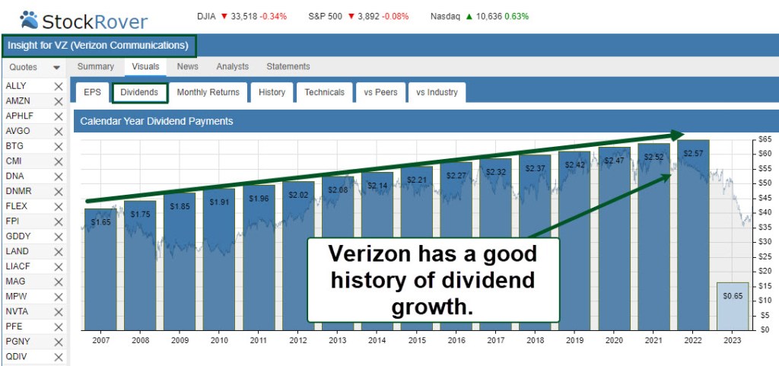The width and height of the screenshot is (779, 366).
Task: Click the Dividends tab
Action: coord(139,93)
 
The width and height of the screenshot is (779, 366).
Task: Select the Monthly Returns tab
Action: coord(208,93)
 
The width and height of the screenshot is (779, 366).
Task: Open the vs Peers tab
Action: coord(380,93)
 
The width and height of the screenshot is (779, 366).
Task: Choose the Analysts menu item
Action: coord(232,67)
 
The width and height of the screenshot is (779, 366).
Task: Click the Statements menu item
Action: coord(288,67)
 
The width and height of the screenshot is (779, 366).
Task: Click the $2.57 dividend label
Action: coord(693,154)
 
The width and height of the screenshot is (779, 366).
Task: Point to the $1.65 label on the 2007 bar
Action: coord(101,222)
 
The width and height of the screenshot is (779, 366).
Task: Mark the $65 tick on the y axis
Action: coord(763,139)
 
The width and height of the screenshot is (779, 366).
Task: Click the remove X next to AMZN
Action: coord(59,101)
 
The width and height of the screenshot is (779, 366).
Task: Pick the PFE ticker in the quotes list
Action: coord(16,326)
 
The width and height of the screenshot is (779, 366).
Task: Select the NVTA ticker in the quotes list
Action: coord(17,310)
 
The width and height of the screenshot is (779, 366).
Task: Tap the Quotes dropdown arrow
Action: coord(56,68)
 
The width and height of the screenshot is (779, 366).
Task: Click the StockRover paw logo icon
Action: coord(28,18)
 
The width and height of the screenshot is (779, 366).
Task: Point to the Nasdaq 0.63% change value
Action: coord(516,16)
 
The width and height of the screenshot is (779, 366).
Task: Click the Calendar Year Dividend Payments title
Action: coord(157,121)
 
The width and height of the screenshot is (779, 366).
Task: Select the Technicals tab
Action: coord(324,93)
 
